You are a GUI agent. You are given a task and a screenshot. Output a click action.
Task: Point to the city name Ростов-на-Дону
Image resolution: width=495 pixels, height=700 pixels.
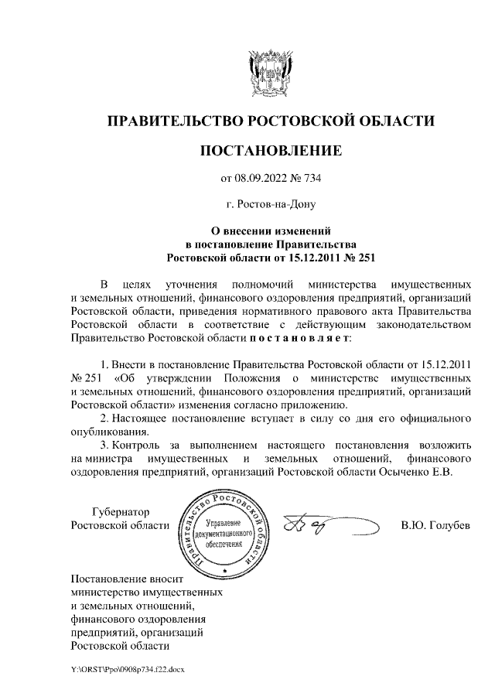[271, 206]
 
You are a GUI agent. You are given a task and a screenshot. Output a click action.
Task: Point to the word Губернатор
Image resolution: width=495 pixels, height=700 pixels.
[120, 511]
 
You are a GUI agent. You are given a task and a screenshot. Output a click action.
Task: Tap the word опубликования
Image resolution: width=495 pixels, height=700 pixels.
[108, 432]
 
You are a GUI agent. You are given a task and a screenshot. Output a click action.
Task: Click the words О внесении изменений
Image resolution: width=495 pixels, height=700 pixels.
[271, 230]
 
